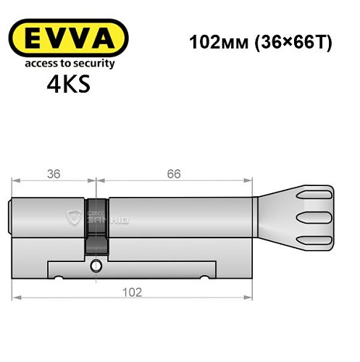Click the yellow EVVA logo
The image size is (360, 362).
(70, 37)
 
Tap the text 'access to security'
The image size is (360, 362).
(70, 64)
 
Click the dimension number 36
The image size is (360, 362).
(52, 173)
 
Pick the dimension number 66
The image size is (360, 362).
(173, 173)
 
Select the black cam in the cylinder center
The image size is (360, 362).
(96, 224)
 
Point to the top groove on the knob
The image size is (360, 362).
(318, 195)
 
